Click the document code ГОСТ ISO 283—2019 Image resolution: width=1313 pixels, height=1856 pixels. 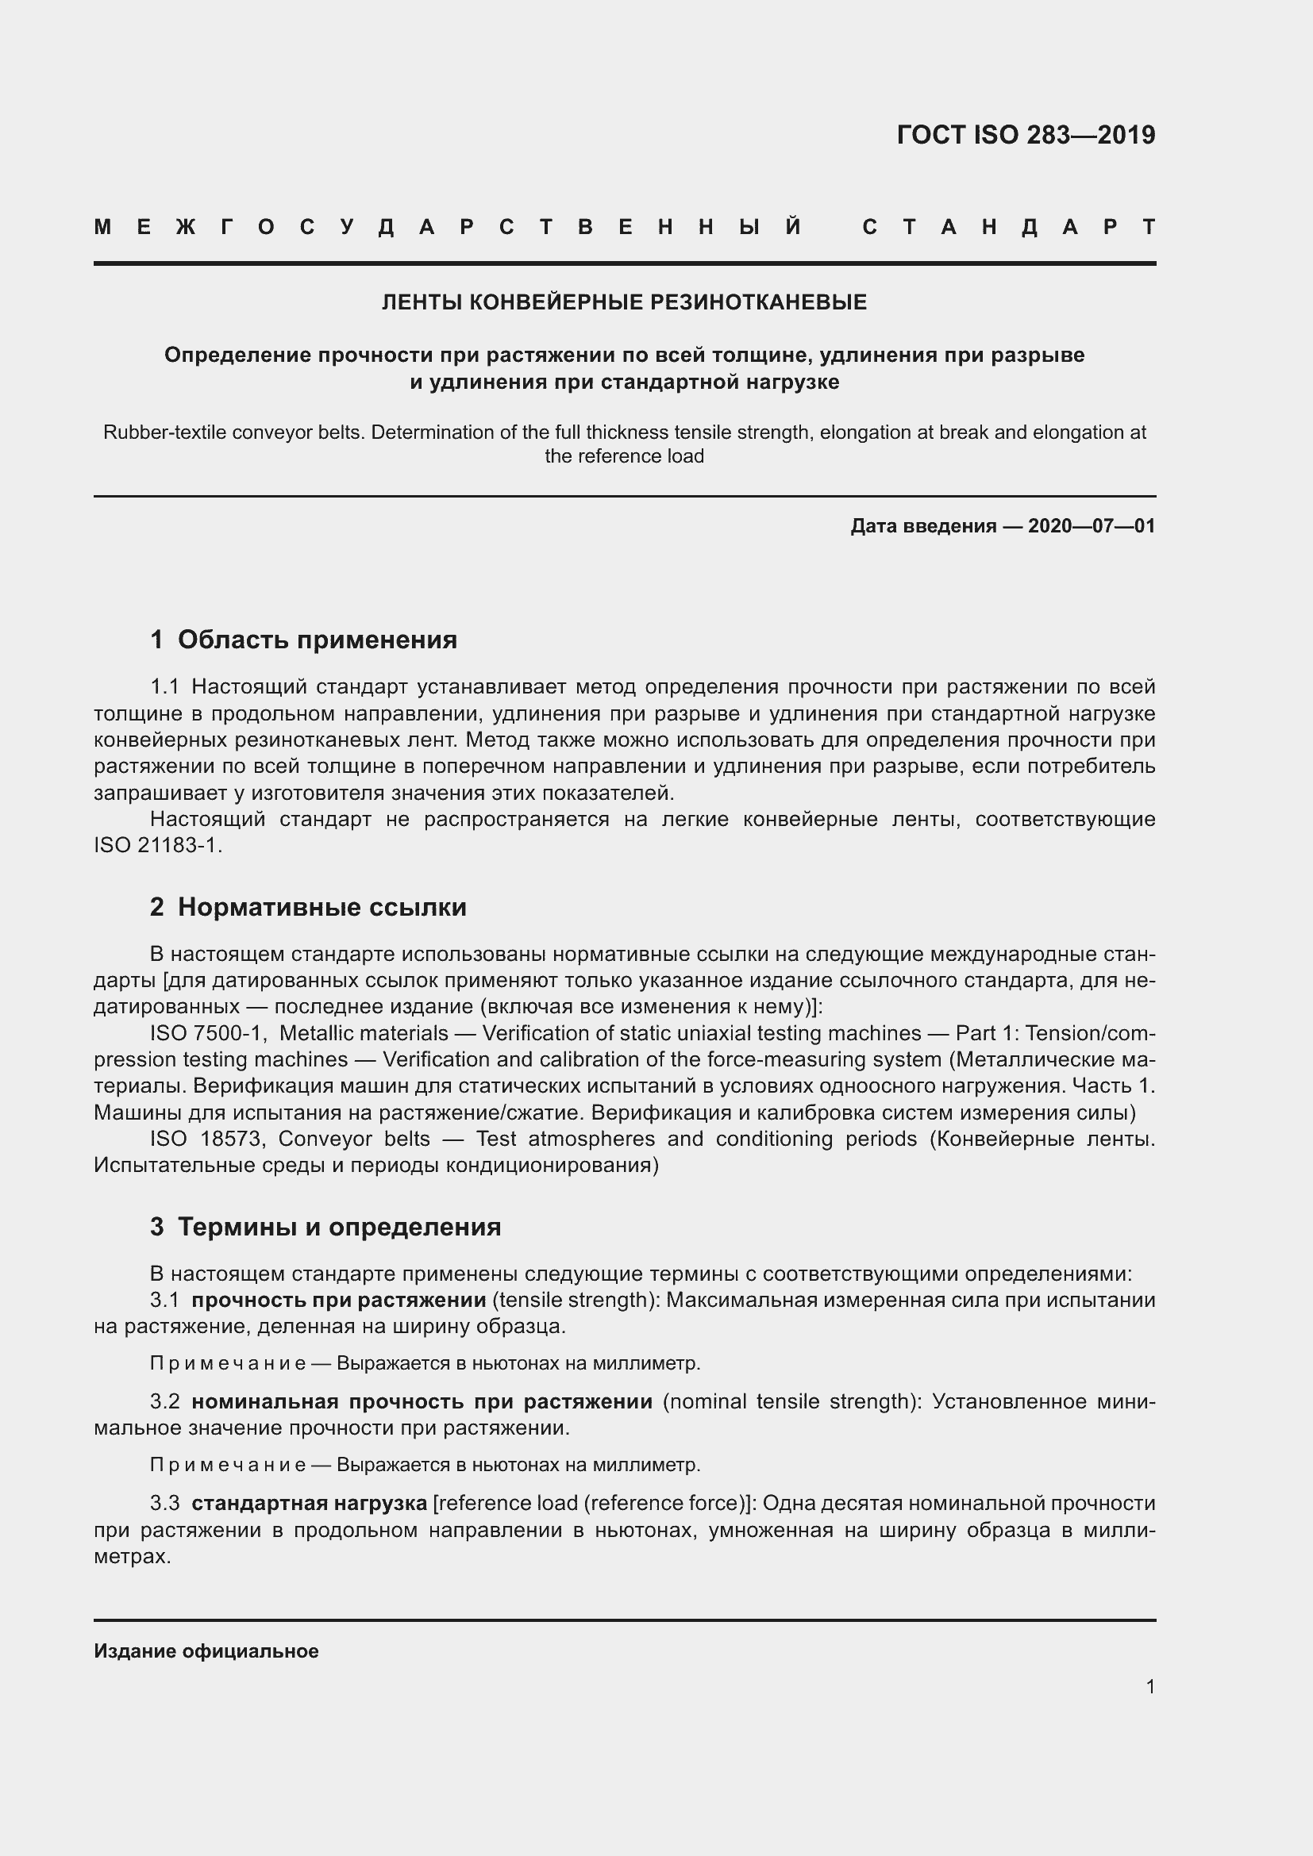[x=1025, y=135]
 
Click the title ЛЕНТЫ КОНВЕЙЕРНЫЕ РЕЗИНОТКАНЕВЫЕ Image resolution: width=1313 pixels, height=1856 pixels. [x=623, y=302]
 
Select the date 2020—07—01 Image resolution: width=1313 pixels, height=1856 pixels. [x=1091, y=526]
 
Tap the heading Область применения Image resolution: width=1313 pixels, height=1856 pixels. [x=317, y=640]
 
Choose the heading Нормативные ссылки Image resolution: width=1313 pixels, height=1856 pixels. [x=322, y=907]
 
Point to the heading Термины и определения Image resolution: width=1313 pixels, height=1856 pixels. [x=339, y=1226]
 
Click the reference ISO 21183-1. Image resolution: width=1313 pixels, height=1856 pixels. [x=157, y=846]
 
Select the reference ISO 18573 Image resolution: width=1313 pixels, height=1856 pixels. [x=207, y=1138]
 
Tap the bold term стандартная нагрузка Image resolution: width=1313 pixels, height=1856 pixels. [x=309, y=1503]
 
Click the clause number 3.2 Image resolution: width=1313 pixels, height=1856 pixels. [x=164, y=1401]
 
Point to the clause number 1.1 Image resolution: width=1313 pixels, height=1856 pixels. [x=164, y=687]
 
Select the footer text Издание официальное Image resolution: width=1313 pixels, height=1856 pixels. [x=206, y=1650]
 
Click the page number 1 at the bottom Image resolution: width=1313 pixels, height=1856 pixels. [x=1149, y=1686]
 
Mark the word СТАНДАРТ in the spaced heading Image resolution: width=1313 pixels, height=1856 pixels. [x=1009, y=227]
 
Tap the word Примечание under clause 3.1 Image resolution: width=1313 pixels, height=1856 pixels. [x=227, y=1363]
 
